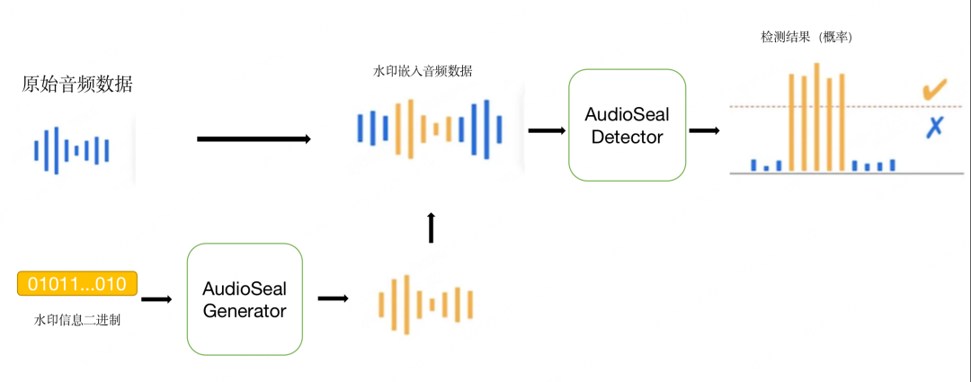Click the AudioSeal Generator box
[x=245, y=299]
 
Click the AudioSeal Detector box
[x=627, y=125]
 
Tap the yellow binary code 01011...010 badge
[x=77, y=284]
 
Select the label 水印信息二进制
[x=77, y=319]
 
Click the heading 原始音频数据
[x=77, y=84]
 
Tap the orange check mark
[x=934, y=90]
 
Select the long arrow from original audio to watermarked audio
[x=254, y=138]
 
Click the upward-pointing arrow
[x=431, y=227]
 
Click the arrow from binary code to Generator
[x=156, y=298]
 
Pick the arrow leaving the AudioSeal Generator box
[x=333, y=298]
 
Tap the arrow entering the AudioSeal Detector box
[x=547, y=130]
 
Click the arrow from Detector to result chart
[x=704, y=130]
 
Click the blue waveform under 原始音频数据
[x=72, y=150]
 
